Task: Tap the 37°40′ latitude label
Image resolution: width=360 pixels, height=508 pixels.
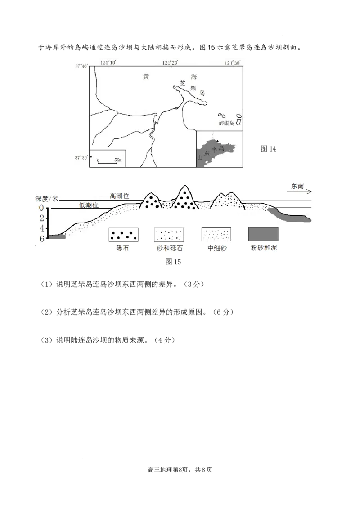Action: pyautogui.click(x=81, y=67)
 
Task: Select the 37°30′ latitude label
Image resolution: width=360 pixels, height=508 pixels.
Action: pyautogui.click(x=81, y=157)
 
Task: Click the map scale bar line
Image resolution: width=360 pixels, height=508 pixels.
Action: pyautogui.click(x=107, y=162)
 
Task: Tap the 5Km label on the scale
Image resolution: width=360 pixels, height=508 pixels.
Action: pyautogui.click(x=117, y=160)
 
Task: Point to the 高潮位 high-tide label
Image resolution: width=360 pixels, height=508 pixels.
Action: pyautogui.click(x=119, y=196)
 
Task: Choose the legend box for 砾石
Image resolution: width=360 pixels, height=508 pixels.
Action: pyautogui.click(x=123, y=234)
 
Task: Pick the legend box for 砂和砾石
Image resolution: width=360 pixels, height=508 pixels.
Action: pyautogui.click(x=169, y=234)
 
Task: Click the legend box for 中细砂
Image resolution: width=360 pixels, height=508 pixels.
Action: pyautogui.click(x=217, y=234)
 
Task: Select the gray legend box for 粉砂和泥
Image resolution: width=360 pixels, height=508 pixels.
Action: pyautogui.click(x=263, y=234)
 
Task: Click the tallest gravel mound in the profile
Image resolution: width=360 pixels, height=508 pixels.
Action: pyautogui.click(x=185, y=199)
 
